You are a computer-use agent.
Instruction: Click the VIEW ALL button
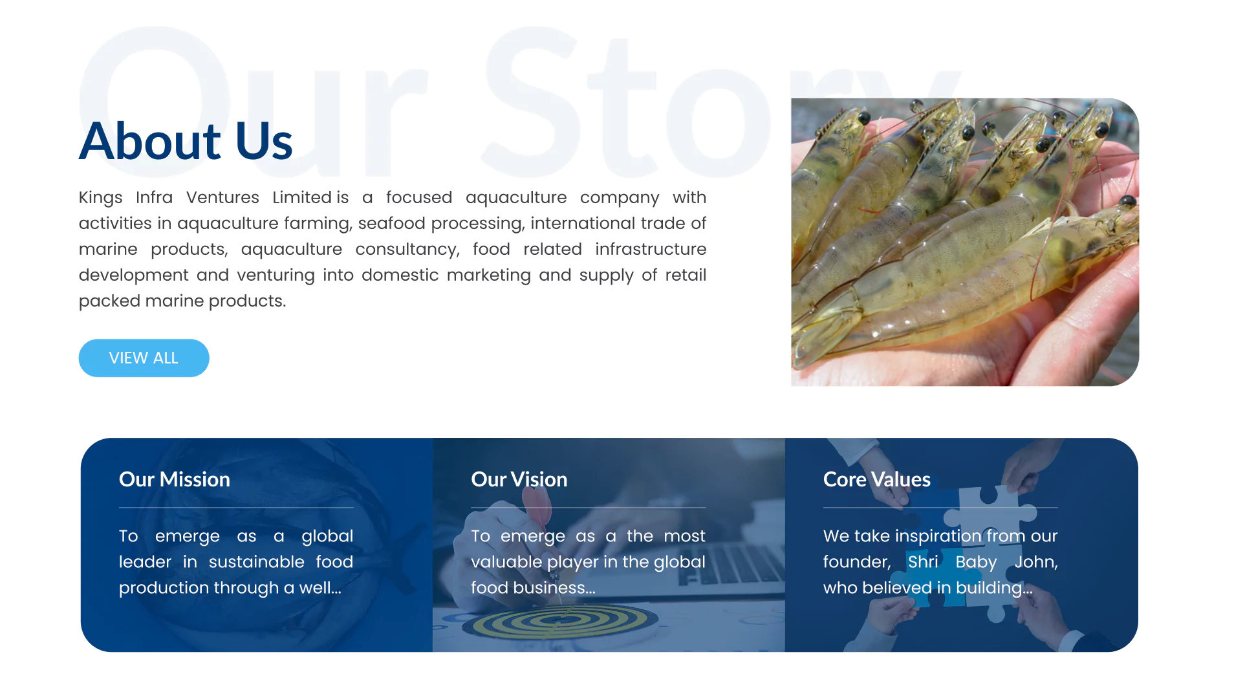point(144,358)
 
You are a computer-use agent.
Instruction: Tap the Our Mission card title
point(175,479)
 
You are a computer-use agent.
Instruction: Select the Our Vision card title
point(519,479)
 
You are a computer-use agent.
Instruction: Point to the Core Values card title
point(877,479)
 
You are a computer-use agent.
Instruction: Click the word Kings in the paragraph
point(101,198)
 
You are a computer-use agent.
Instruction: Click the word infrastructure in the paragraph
point(651,249)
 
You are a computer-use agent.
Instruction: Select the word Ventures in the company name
point(222,197)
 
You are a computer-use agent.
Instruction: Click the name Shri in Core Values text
point(923,561)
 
